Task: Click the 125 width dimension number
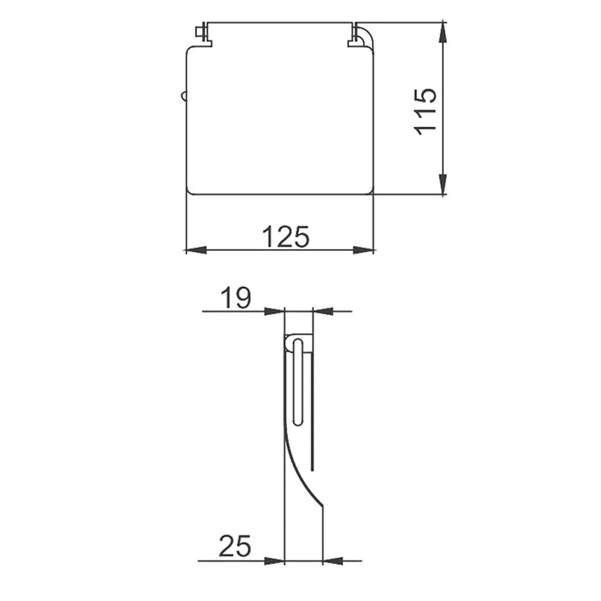tap(285, 236)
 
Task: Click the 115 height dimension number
tap(426, 112)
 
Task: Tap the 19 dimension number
tap(236, 297)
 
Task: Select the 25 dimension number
tap(234, 546)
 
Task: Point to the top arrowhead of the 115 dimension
tap(443, 32)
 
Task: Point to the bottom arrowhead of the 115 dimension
tap(443, 185)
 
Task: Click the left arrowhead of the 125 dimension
tap(197, 250)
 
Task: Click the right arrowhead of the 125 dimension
tap(364, 250)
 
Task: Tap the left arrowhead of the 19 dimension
tap(275, 311)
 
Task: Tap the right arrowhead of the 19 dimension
tap(323, 311)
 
